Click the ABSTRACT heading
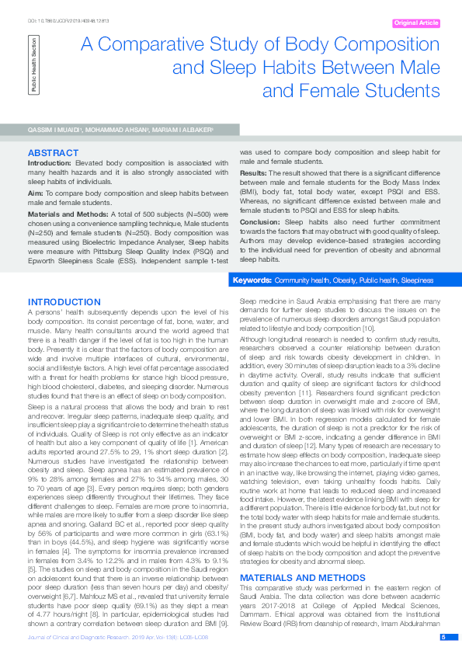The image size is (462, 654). pyautogui.click(x=53, y=151)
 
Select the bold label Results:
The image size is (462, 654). pyautogui.click(x=253, y=172)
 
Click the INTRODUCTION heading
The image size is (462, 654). pyautogui.click(x=64, y=301)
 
